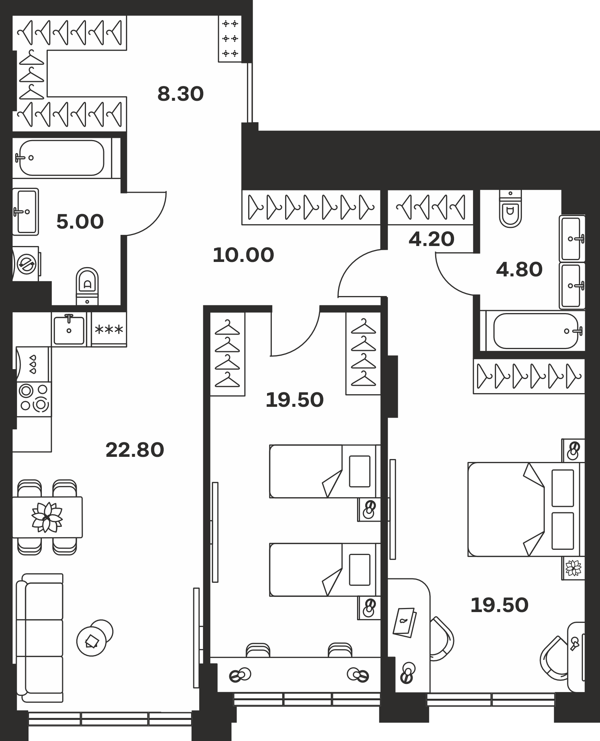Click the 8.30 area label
[180, 94]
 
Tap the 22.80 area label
[135, 450]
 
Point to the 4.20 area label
[431, 239]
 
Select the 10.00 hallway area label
[243, 255]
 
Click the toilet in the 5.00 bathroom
[87, 286]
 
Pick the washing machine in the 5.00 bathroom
[26, 263]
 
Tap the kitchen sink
[69, 329]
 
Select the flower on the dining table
[47, 517]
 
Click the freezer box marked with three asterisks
[109, 329]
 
